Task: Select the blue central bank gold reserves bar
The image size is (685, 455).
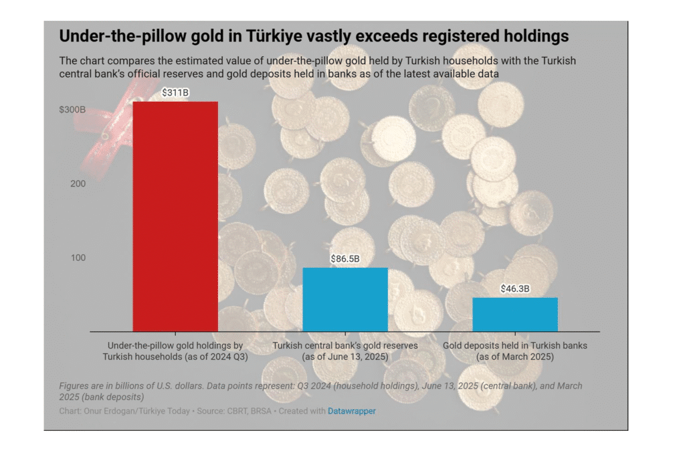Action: [345, 299]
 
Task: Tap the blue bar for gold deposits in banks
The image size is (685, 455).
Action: [515, 314]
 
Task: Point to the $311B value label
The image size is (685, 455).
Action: [176, 93]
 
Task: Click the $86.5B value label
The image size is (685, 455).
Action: [345, 258]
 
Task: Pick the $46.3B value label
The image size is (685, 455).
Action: [515, 288]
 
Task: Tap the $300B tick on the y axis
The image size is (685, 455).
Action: [72, 109]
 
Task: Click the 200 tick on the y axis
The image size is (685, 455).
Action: [78, 183]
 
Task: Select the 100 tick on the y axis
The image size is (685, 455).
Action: [78, 258]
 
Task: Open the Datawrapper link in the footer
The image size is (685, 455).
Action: [351, 411]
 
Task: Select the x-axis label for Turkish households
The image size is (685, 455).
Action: [175, 351]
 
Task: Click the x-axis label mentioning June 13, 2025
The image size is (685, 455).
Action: [345, 351]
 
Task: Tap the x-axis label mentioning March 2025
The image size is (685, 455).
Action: [515, 351]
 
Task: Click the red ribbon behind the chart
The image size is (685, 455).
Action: [107, 134]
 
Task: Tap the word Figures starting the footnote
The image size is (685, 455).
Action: [75, 386]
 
